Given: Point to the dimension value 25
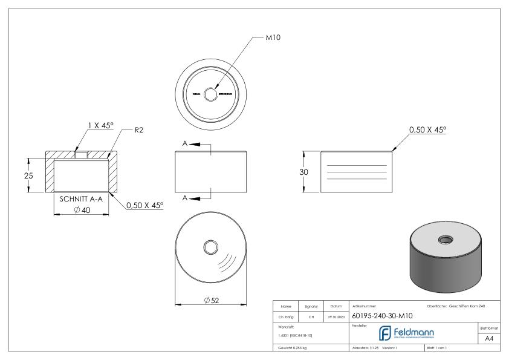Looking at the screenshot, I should pyautogui.click(x=21, y=175).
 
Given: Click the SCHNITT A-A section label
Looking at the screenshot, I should pyautogui.click(x=81, y=198).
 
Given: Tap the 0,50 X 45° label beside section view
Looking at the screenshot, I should pyautogui.click(x=144, y=206).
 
